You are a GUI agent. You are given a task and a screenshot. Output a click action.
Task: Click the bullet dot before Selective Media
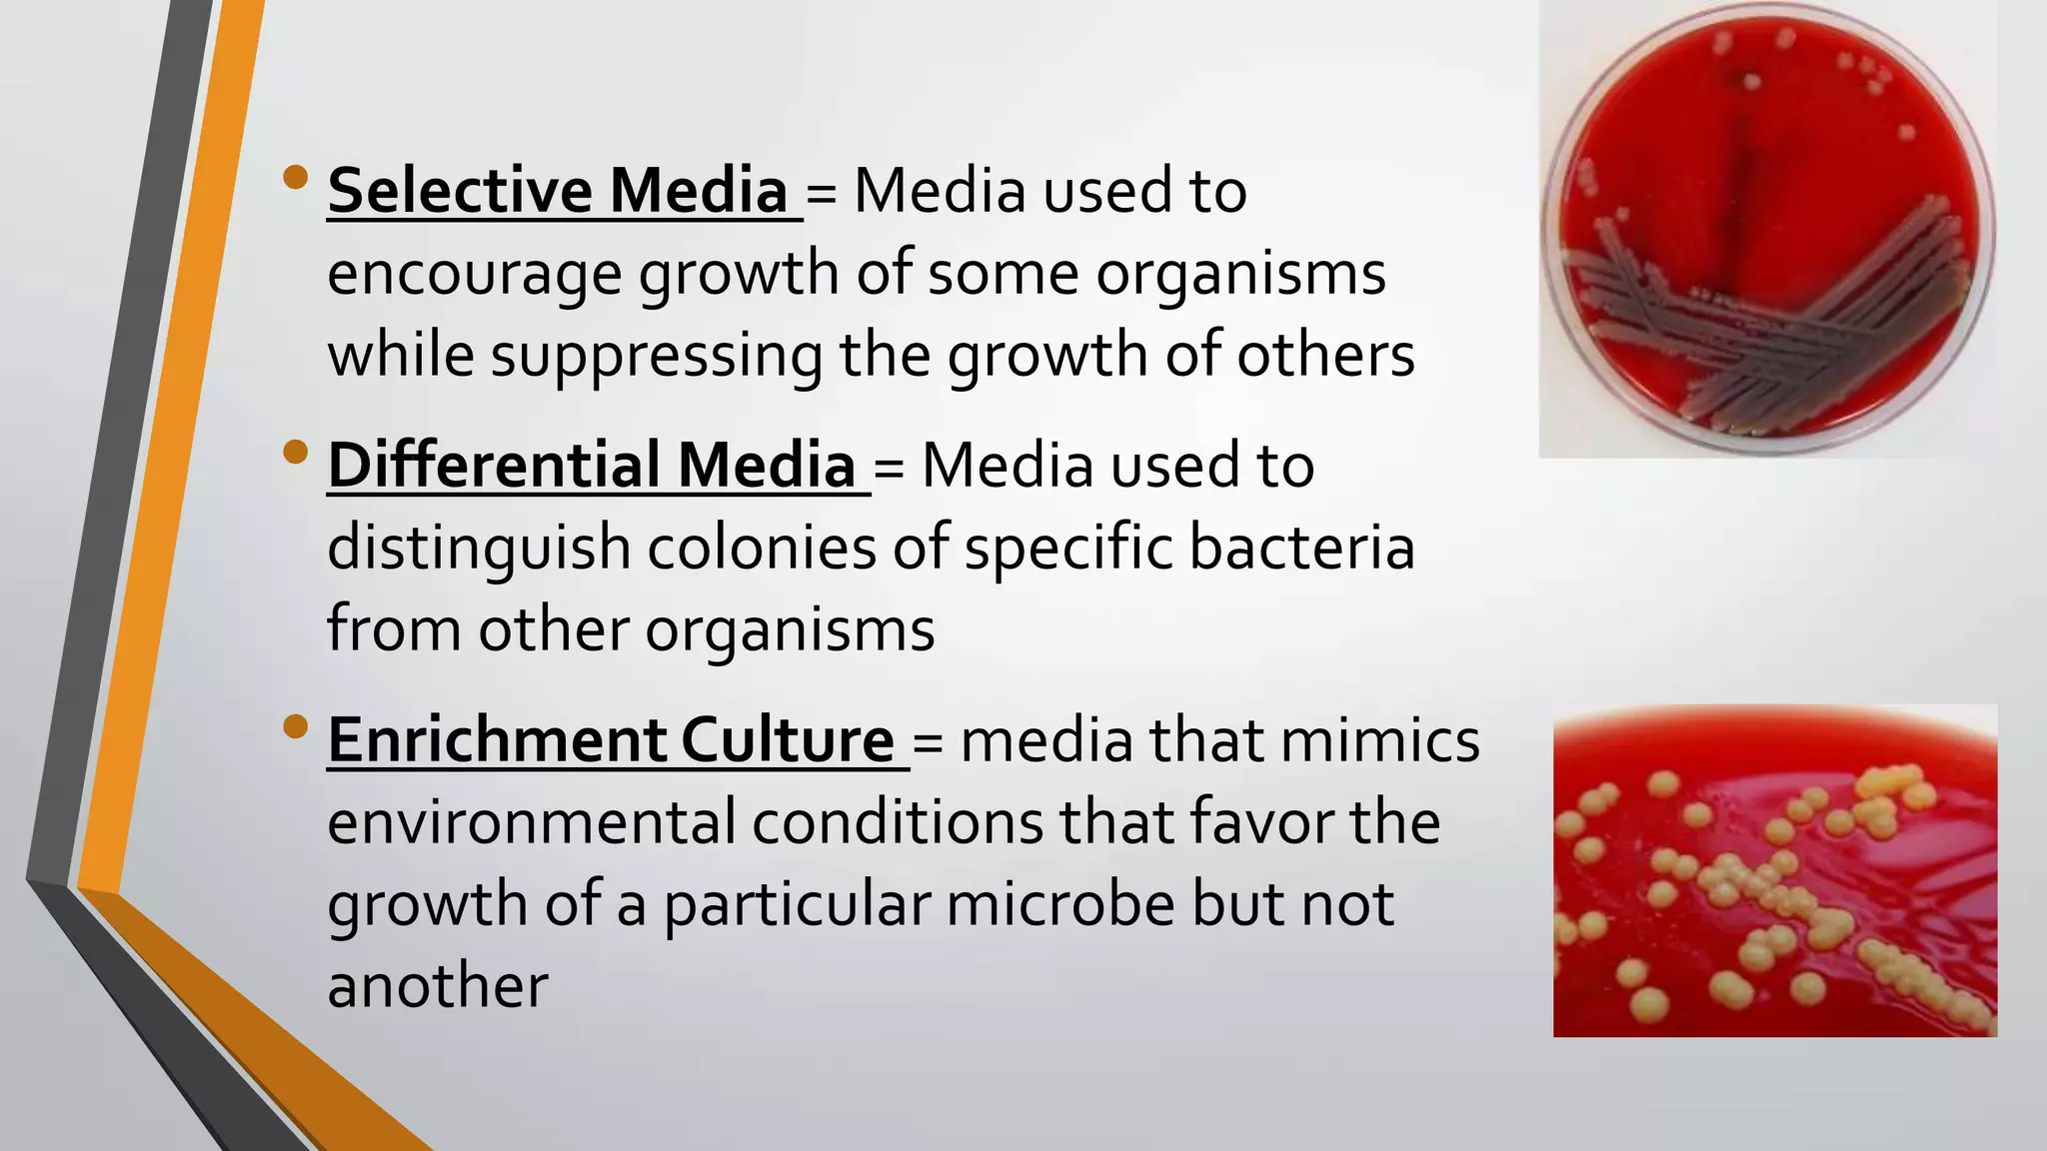point(296,178)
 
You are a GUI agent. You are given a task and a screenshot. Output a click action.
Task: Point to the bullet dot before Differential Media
point(296,453)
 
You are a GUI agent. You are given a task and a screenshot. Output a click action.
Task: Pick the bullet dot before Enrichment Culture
point(296,726)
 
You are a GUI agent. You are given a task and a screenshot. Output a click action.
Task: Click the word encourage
point(474,275)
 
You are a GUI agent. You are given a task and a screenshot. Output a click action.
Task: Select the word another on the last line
point(438,985)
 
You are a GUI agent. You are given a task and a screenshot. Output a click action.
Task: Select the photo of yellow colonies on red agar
point(1774,870)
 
